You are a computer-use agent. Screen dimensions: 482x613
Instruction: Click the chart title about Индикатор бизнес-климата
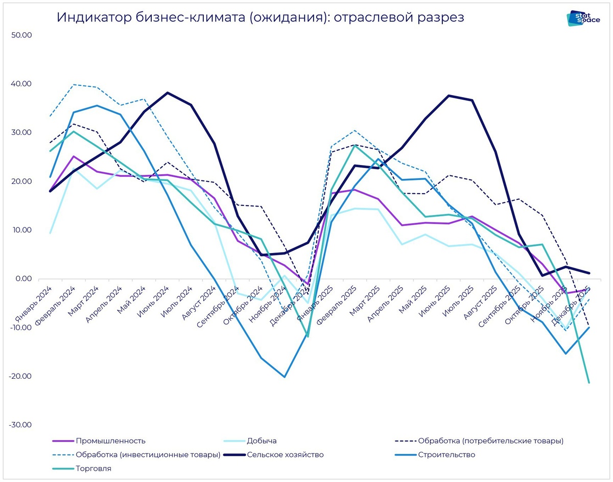[x=261, y=17]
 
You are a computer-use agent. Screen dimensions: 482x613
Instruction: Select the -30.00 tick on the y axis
[x=20, y=425]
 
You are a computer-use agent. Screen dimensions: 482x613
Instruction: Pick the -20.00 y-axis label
[x=20, y=376]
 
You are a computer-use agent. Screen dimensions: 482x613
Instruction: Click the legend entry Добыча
[x=262, y=441]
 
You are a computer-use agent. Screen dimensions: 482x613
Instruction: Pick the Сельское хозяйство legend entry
[x=285, y=454]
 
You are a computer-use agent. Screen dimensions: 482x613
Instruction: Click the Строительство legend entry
[x=446, y=454]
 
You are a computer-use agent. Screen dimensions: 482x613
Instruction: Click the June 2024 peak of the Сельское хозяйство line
[x=168, y=93]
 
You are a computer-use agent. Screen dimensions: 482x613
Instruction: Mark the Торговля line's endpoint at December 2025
[x=589, y=382]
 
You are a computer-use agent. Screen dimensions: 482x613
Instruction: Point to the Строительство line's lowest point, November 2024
[x=285, y=377]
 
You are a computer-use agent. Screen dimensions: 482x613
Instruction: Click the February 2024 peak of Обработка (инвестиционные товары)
[x=74, y=84]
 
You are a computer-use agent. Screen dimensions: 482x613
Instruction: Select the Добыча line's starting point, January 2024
[x=50, y=233]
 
